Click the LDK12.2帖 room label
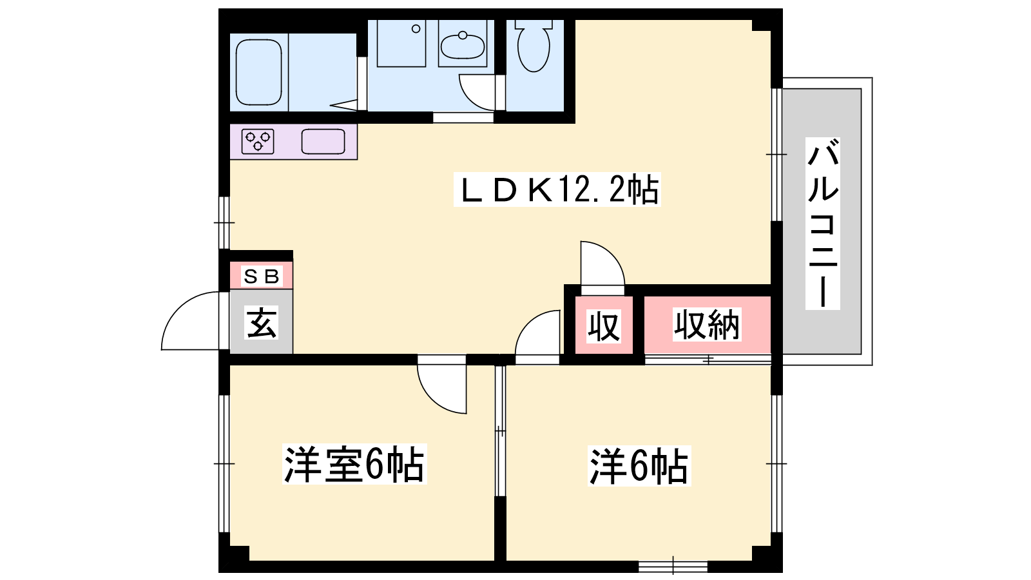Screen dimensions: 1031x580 coord(557,189)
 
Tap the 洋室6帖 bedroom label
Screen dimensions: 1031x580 coord(354,464)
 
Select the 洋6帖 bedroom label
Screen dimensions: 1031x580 coord(639,466)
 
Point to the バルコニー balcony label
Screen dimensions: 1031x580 coord(822,223)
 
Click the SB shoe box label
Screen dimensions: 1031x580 coord(261,276)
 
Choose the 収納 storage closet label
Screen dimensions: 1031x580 coord(707,325)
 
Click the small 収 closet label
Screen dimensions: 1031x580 coord(604,326)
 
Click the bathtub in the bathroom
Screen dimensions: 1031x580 coord(258,72)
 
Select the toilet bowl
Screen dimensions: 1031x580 coord(534,46)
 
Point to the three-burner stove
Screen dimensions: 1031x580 coord(258,141)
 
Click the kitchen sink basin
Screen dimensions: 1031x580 coord(323,141)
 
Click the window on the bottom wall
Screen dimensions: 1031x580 coord(673,566)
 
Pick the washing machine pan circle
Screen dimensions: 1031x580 coord(416,29)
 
